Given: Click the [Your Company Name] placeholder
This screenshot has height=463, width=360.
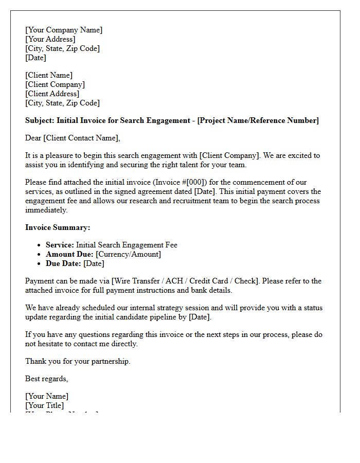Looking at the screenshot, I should pyautogui.click(x=64, y=30).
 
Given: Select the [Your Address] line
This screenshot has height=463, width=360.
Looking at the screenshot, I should pyautogui.click(x=50, y=39).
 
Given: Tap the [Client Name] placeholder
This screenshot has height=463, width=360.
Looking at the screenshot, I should pyautogui.click(x=49, y=75).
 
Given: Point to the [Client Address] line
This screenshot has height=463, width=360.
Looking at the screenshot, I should pyautogui.click(x=52, y=94).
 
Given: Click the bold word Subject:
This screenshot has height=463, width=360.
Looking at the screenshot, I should pyautogui.click(x=40, y=120).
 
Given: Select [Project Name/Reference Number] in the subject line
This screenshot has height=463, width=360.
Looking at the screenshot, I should pyautogui.click(x=258, y=120).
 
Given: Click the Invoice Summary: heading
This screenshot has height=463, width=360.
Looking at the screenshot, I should pyautogui.click(x=58, y=227).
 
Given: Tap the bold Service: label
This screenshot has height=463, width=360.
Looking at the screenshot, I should pyautogui.click(x=60, y=245).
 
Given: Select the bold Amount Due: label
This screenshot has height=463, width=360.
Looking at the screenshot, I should pyautogui.click(x=69, y=254).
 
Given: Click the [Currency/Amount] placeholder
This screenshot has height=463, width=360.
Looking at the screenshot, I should pyautogui.click(x=128, y=254).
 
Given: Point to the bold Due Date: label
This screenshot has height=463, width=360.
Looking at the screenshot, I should pyautogui.click(x=63, y=263).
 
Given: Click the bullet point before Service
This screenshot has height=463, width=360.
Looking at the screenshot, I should pyautogui.click(x=40, y=245).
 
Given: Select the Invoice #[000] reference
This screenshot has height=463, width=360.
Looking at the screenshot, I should pyautogui.click(x=189, y=182).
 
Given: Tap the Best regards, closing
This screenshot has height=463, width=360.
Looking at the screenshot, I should pyautogui.click(x=46, y=379).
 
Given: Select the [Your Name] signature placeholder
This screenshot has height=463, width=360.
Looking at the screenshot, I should pyautogui.click(x=47, y=396).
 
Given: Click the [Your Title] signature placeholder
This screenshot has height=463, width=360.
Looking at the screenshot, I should pyautogui.click(x=45, y=405).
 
